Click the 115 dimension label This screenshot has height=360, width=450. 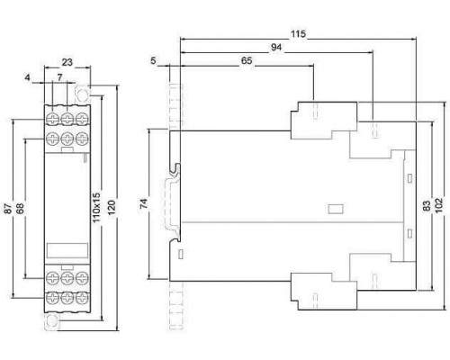pyautogui.click(x=298, y=34)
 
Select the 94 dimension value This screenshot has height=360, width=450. pyautogui.click(x=276, y=48)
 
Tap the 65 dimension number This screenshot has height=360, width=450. pyautogui.click(x=247, y=60)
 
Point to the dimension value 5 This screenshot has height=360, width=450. pyautogui.click(x=153, y=61)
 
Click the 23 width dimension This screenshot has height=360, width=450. pyautogui.click(x=67, y=62)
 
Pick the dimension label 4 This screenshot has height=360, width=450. pyautogui.click(x=28, y=77)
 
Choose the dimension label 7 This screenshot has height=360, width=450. pyautogui.click(x=59, y=77)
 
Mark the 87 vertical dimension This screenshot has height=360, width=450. pyautogui.click(x=8, y=208)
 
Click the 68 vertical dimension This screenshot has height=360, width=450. pyautogui.click(x=20, y=208)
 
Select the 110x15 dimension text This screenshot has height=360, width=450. pyautogui.click(x=96, y=208)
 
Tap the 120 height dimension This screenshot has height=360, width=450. pyautogui.click(x=112, y=207)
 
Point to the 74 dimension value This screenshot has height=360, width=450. pyautogui.click(x=144, y=203)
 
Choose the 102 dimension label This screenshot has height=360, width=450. pyautogui.click(x=439, y=205)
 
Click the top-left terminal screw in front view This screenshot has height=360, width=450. pyautogui.click(x=53, y=119)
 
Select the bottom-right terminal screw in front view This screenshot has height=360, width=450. pyautogui.click(x=82, y=298)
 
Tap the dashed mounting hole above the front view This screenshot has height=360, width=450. pyautogui.click(x=82, y=94)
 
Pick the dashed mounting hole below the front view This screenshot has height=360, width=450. pyautogui.click(x=52, y=322)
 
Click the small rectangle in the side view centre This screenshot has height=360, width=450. pyautogui.click(x=336, y=209)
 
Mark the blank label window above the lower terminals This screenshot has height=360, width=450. pyautogui.click(x=67, y=251)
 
